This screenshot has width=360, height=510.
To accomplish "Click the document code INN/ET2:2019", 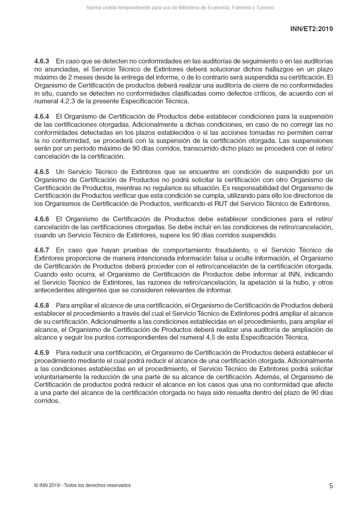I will (x=311, y=29).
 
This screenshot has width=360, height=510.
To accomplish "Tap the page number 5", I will (x=331, y=486).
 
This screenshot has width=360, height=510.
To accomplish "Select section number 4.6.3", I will (x=42, y=61).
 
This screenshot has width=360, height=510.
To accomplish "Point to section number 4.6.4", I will (x=42, y=117).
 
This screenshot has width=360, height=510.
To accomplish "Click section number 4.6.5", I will (x=42, y=172).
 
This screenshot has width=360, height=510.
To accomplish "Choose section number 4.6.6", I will (x=42, y=219).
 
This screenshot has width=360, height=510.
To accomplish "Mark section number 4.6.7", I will (x=42, y=250).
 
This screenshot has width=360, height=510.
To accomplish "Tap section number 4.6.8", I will (x=42, y=305).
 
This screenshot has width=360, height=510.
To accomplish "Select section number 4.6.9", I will (x=42, y=353).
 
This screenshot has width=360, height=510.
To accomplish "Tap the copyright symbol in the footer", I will (x=36, y=485).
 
